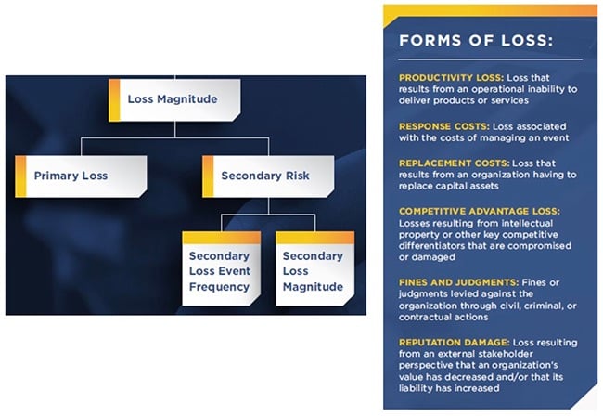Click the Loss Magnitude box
pos(174,99)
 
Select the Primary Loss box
pos(82,175)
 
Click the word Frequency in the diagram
pos(219,286)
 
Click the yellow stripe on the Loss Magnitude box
pos(114,99)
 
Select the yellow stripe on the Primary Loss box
pos(20,175)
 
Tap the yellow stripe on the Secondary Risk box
pos(207,175)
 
